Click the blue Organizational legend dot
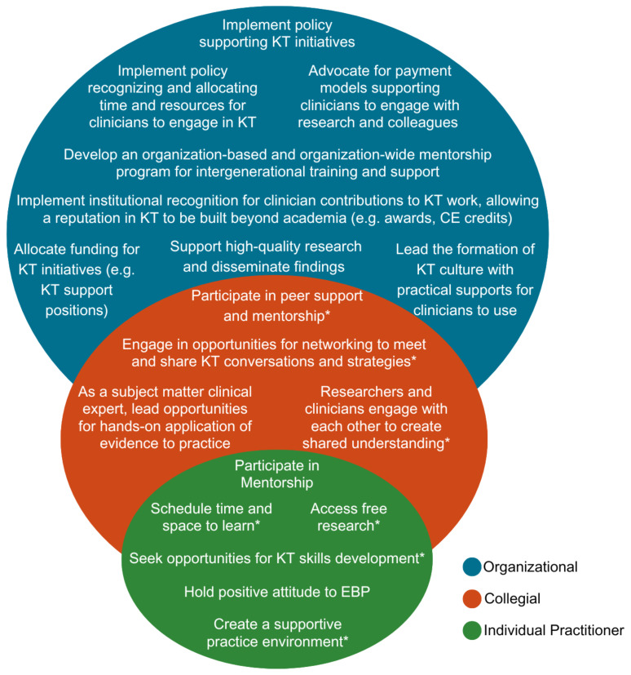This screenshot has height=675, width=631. [x=472, y=566]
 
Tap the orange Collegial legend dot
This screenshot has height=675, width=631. [x=472, y=598]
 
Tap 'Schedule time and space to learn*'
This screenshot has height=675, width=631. [x=211, y=517]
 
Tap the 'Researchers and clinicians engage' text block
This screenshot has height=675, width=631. [x=376, y=416]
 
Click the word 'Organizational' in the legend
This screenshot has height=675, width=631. [x=531, y=566]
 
